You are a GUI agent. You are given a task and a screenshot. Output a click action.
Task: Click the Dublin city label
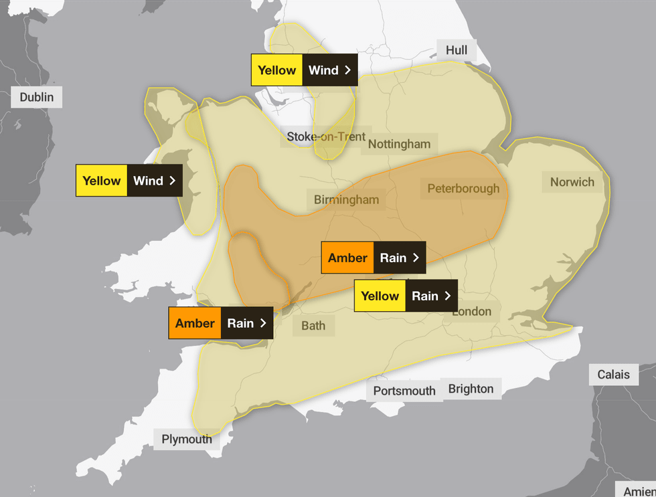click(37, 97)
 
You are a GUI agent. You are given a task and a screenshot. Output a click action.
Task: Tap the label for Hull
click(457, 50)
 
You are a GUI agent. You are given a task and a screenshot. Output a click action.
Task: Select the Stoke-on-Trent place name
click(326, 136)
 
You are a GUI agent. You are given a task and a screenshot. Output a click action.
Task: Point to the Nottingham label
click(399, 144)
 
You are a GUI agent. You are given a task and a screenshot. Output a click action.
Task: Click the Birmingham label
click(346, 199)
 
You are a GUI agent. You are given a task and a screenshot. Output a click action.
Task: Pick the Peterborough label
click(463, 189)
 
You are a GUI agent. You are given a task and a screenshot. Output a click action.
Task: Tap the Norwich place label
click(572, 182)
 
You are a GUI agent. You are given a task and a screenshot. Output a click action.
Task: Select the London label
click(471, 311)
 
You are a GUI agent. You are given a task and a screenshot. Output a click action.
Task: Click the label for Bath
click(313, 326)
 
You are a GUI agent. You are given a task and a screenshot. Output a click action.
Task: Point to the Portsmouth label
click(404, 391)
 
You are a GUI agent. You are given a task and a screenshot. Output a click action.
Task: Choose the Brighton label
click(471, 389)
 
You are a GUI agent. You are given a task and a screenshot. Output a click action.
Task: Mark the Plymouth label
click(187, 439)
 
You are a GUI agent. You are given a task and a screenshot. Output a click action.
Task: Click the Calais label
click(613, 375)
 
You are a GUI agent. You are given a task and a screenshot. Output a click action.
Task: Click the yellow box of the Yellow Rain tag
click(380, 296)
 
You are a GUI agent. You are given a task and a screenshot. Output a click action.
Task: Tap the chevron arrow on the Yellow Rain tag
click(448, 296)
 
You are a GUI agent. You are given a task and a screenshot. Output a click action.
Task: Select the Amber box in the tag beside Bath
click(195, 323)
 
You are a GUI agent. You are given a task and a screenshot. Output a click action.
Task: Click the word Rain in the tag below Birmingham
click(393, 258)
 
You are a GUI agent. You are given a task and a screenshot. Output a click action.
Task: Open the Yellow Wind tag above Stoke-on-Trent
click(303, 70)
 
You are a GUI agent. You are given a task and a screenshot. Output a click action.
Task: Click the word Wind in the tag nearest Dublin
click(148, 181)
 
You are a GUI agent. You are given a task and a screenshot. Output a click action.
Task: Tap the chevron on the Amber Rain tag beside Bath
click(263, 323)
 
